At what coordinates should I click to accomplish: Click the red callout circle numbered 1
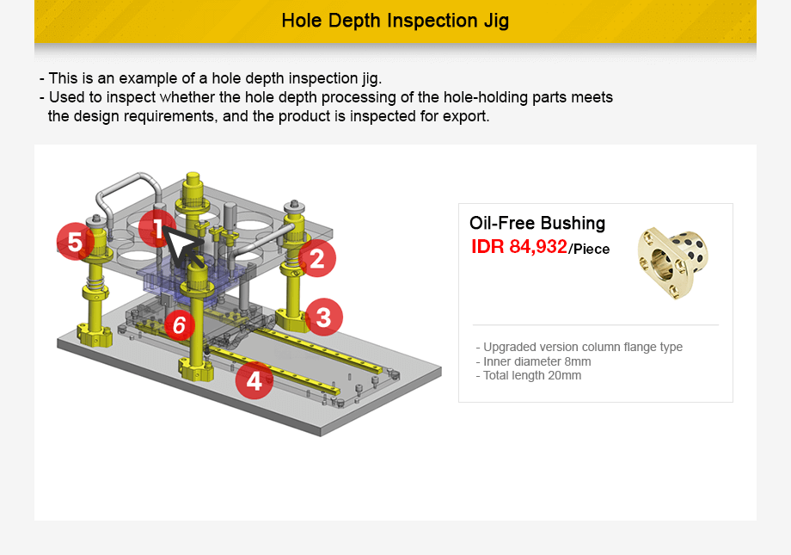click(x=157, y=229)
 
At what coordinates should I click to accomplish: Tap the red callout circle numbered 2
click(x=317, y=258)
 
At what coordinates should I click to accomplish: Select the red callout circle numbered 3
click(x=323, y=318)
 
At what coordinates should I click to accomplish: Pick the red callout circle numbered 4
click(x=254, y=379)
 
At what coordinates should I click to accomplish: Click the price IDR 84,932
click(x=519, y=247)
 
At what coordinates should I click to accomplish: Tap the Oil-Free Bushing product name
click(x=537, y=223)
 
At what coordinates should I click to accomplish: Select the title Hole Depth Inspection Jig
click(x=395, y=21)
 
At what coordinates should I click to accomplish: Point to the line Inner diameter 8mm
click(x=537, y=361)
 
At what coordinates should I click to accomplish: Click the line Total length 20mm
click(x=531, y=375)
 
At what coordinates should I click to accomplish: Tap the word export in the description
click(x=466, y=115)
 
